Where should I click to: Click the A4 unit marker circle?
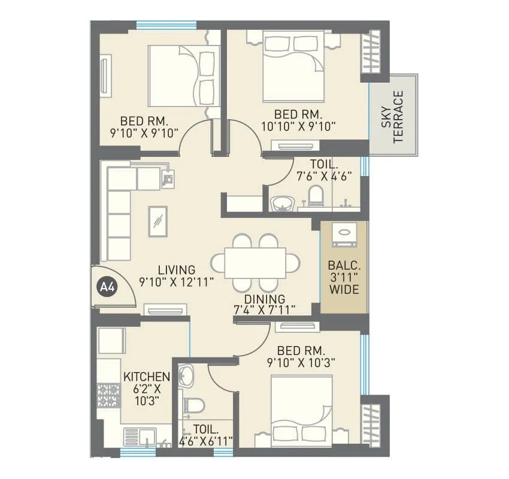pyautogui.click(x=107, y=287)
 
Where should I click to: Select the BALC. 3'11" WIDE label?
pyautogui.click(x=343, y=277)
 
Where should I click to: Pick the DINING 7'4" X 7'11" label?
pyautogui.click(x=264, y=304)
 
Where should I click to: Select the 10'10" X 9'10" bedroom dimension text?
pyautogui.click(x=299, y=126)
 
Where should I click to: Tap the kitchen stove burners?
pyautogui.click(x=108, y=395)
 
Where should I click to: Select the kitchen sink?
pyautogui.click(x=139, y=436)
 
